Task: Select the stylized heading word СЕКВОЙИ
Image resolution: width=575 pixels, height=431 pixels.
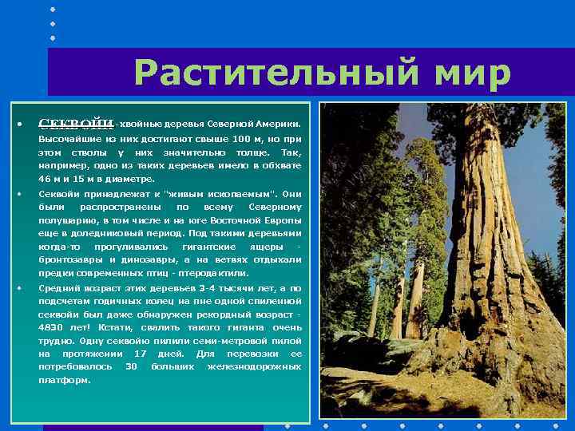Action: click(76, 124)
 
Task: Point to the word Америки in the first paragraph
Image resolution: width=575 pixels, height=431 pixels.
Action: click(282, 125)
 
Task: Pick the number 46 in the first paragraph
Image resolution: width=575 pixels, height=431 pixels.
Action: click(45, 179)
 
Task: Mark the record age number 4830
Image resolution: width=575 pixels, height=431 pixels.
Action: click(52, 327)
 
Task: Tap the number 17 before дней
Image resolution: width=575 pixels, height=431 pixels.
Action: click(141, 353)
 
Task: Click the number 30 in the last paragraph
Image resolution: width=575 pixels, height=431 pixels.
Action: click(133, 366)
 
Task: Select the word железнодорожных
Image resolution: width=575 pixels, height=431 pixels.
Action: click(254, 366)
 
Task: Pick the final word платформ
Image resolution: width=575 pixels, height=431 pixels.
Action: click(65, 380)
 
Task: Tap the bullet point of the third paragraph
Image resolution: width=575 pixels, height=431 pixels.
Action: click(18, 289)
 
